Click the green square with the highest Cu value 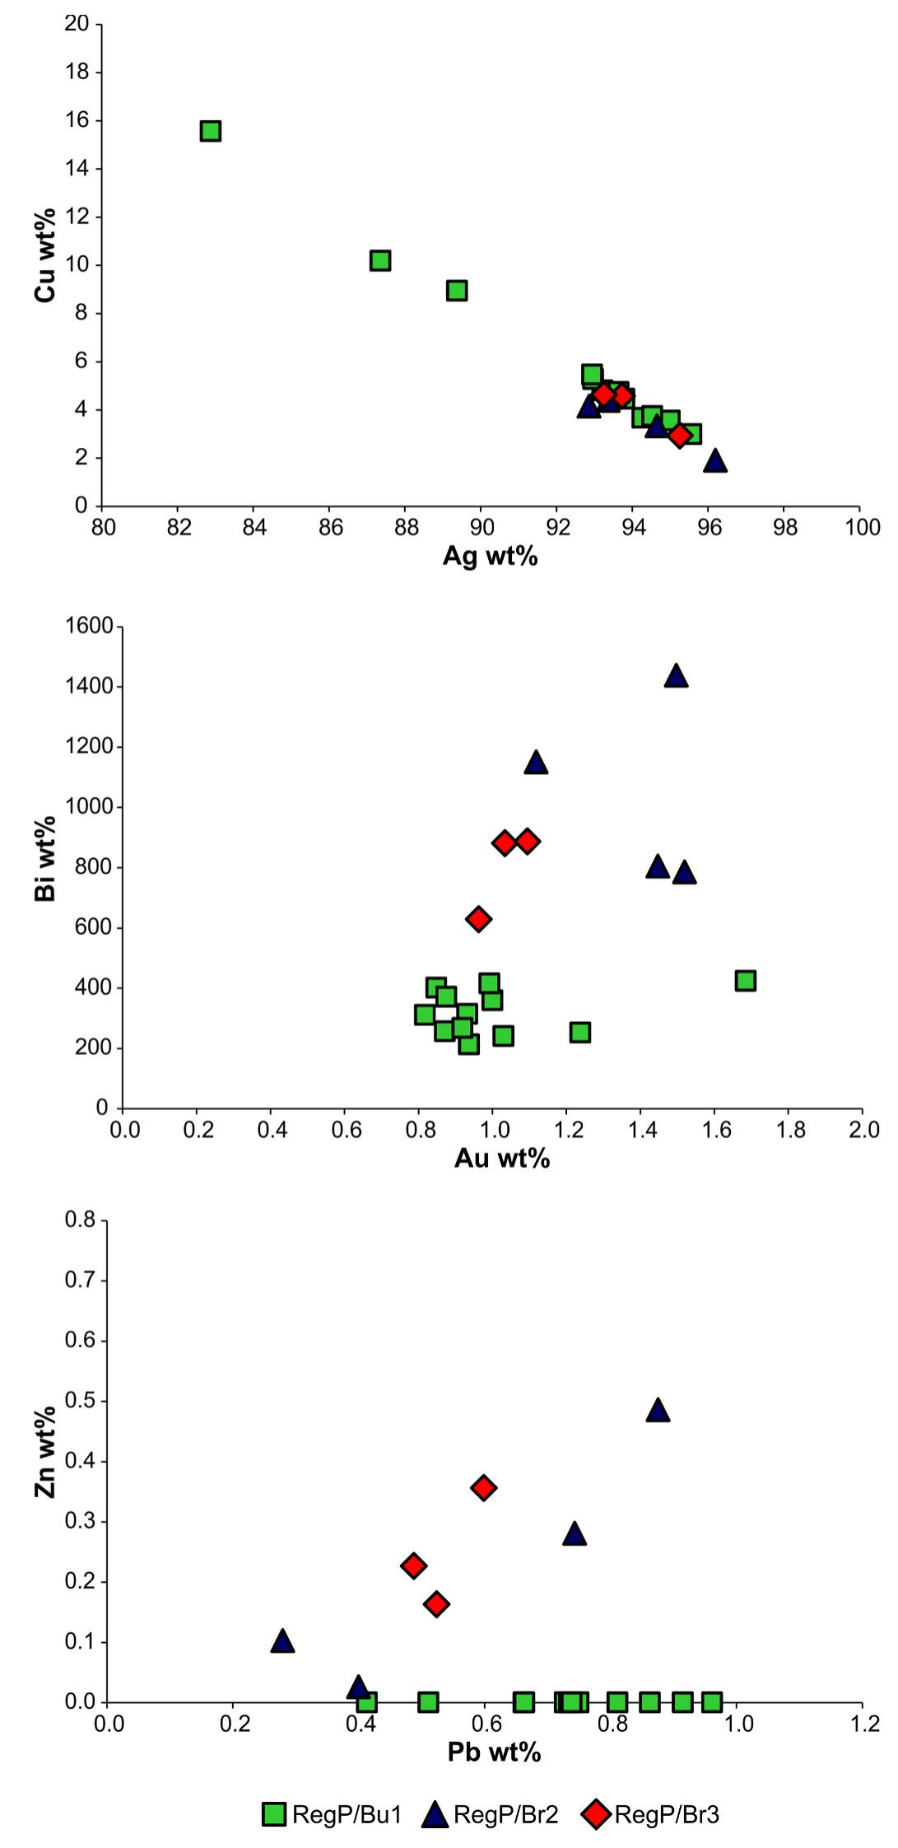tap(210, 131)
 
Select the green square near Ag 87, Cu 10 tap(379, 261)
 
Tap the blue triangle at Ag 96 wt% tap(715, 461)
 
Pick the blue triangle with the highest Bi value tap(676, 676)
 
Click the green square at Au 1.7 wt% tap(746, 980)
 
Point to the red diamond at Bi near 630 tap(478, 918)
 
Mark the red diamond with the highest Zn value tap(484, 1487)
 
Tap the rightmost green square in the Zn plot tap(712, 1702)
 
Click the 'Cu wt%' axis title tap(45, 255)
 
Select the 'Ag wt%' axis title tap(490, 557)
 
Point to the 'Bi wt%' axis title tap(45, 859)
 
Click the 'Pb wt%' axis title tap(494, 1752)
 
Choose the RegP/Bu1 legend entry tap(332, 1814)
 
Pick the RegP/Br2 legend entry tap(491, 1814)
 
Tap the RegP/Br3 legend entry tap(651, 1814)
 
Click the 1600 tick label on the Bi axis tap(89, 626)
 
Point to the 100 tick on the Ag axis tap(862, 527)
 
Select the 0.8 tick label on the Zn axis tap(81, 1220)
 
